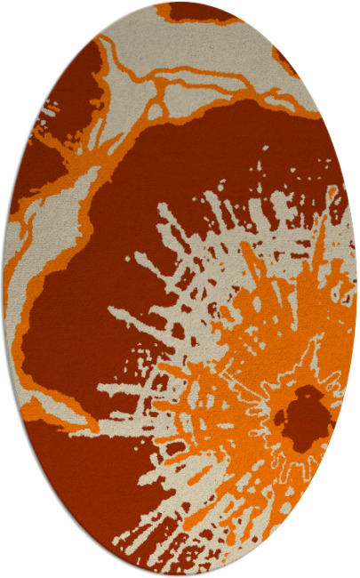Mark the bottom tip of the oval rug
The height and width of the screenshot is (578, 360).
tap(180, 574)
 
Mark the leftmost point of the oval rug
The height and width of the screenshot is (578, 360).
tap(4, 289)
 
